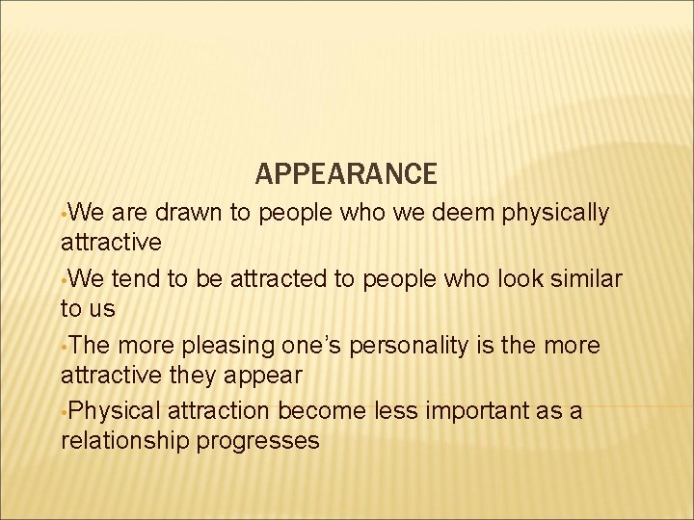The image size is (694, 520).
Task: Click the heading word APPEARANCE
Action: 346,174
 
